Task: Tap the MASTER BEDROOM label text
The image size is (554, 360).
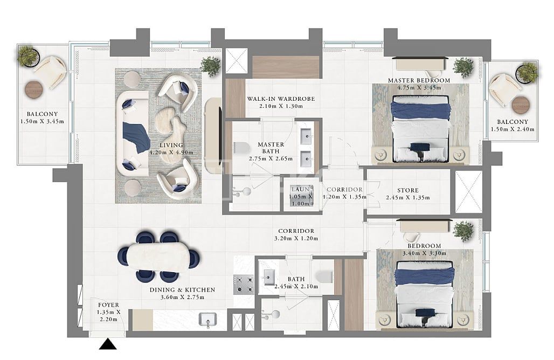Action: pos(419,80)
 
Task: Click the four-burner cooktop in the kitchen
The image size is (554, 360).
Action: pos(244,284)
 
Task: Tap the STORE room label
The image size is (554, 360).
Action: pos(408,190)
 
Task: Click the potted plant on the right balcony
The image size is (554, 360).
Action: pos(527,72)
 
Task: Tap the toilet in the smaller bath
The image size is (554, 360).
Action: pos(324,277)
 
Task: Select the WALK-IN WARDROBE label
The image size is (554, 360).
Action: pos(280,99)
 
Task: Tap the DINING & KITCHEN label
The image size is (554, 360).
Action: pos(182,290)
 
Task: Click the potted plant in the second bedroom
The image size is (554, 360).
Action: pos(463,231)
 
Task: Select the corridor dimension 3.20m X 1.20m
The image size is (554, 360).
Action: pos(294,238)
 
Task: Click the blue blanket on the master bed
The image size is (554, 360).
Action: pos(420,110)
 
